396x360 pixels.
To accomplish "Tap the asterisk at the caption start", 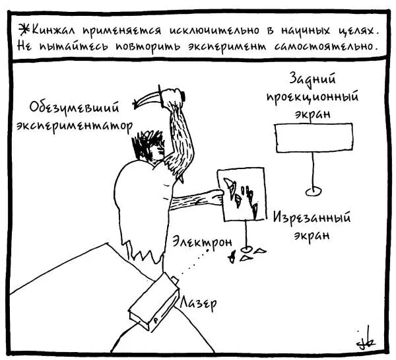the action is coord(24,30).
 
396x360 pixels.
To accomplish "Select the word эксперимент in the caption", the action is coord(227,47).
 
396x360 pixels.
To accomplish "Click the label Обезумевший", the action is coord(74,108).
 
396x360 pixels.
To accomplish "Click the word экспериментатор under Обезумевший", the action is coord(74,126).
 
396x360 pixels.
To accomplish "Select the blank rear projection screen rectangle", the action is coord(314,138).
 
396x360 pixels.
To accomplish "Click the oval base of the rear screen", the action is coord(313,192).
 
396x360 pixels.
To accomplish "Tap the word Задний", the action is coord(312,79).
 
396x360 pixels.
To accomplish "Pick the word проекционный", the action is coord(312,97).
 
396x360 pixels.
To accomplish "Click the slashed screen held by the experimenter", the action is coord(242,195).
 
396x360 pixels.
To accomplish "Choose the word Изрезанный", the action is coord(312,218).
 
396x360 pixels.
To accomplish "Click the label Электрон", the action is coord(203,242).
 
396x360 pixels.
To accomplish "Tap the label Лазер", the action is coord(199,303).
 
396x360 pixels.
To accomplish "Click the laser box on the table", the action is coord(154,303).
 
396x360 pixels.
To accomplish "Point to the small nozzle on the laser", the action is coord(175,279).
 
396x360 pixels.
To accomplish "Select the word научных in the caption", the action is coord(306,30).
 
